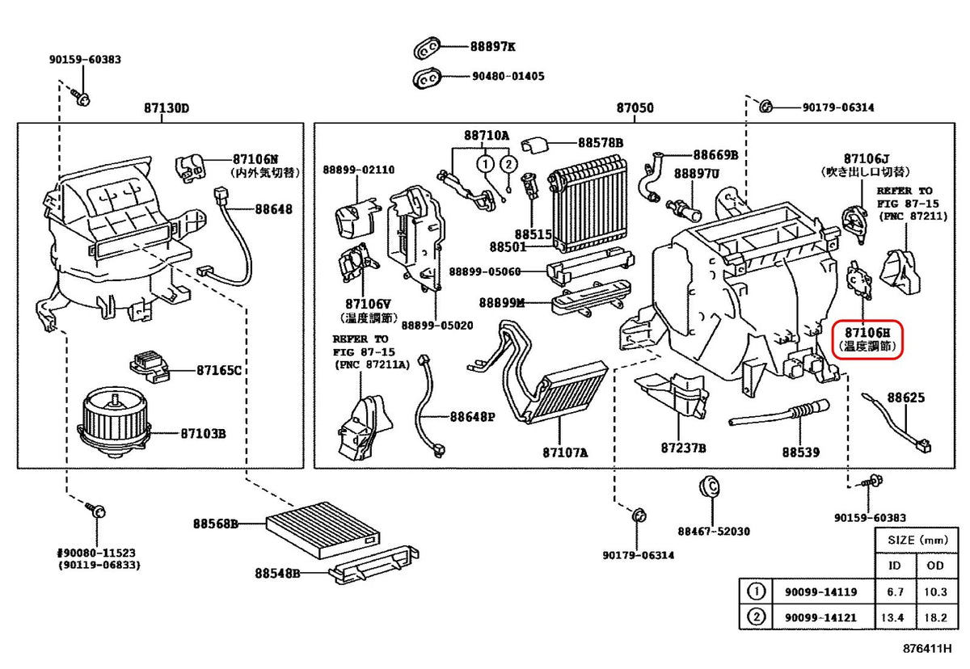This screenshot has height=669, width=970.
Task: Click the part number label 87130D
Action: [x=167, y=108]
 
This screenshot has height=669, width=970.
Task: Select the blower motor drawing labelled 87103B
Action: [x=114, y=425]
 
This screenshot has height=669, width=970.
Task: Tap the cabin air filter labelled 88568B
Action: [x=323, y=529]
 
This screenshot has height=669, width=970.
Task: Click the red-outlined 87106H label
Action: [x=867, y=339]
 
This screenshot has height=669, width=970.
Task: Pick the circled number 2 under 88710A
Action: [x=508, y=165]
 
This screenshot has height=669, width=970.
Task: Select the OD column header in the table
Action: [x=935, y=566]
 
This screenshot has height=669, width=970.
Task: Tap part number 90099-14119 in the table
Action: [x=820, y=592]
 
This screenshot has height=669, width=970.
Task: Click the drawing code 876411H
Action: [x=927, y=649]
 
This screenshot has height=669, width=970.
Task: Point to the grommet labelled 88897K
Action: [x=427, y=48]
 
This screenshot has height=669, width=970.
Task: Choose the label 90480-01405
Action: [x=508, y=77]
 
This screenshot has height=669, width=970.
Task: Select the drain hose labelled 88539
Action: [x=778, y=414]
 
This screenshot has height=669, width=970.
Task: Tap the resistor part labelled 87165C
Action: [x=150, y=367]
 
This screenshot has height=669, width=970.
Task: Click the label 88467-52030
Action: [x=714, y=531]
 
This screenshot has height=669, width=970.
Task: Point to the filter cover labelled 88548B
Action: [x=373, y=564]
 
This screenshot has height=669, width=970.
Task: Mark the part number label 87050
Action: [x=635, y=108]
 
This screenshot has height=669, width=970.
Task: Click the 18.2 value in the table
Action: [x=935, y=617]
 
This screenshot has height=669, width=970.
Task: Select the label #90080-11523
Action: [x=96, y=553]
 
